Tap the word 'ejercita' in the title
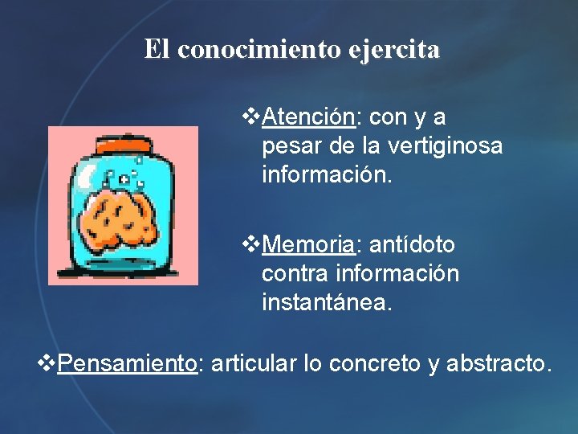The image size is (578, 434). click(394, 50)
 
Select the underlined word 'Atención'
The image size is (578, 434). click(308, 117)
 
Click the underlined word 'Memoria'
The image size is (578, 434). click(308, 244)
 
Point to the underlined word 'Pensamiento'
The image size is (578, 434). click(128, 364)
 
